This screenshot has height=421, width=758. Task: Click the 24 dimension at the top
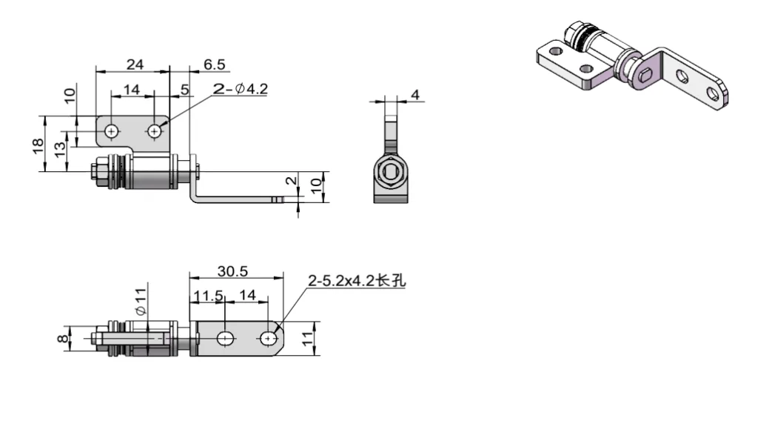pos(134,64)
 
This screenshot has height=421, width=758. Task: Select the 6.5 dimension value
pos(215,64)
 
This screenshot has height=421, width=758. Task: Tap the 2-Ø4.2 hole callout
pos(240,89)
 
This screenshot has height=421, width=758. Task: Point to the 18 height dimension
pos(38,144)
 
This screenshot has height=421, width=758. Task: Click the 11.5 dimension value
pos(208,295)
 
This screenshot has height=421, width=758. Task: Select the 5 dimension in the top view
pos(184,88)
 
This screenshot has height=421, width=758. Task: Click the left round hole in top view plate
pos(111,131)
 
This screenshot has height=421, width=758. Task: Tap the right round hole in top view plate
pos(154,131)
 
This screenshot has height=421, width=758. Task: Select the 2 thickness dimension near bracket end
pos(290,180)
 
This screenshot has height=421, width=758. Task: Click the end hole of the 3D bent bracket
pos(714,93)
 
